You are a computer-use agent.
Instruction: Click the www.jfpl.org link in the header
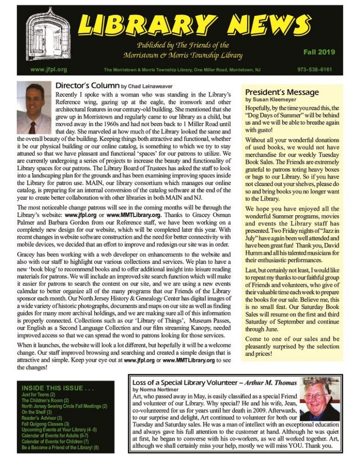[49, 70]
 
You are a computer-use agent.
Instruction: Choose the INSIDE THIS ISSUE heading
[51, 388]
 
